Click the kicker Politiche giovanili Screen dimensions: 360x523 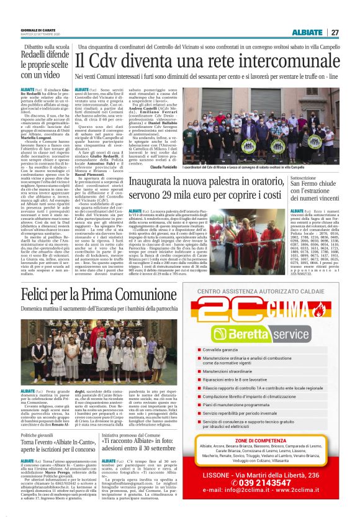[37, 435]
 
